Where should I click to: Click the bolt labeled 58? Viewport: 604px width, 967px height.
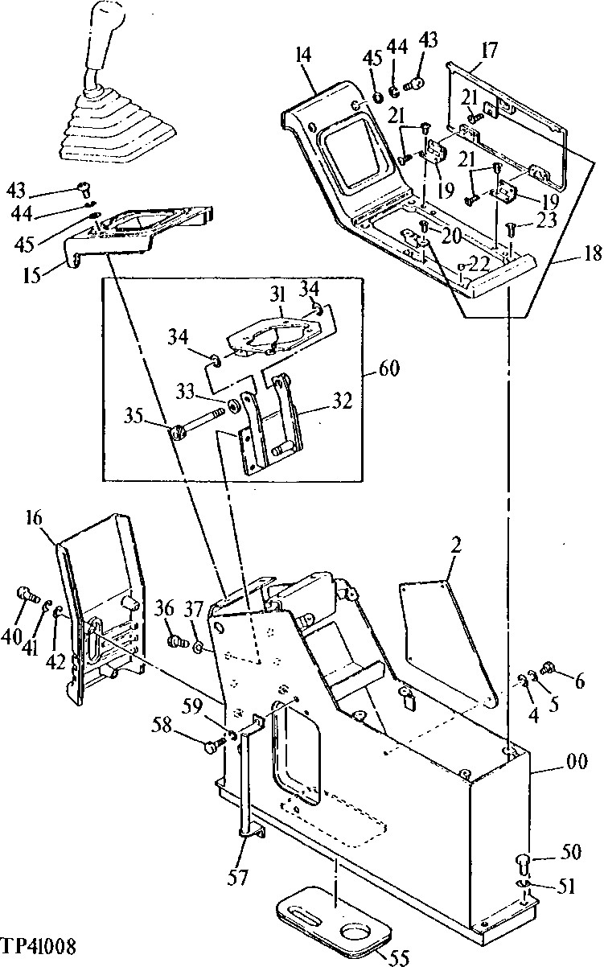tap(211, 747)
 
